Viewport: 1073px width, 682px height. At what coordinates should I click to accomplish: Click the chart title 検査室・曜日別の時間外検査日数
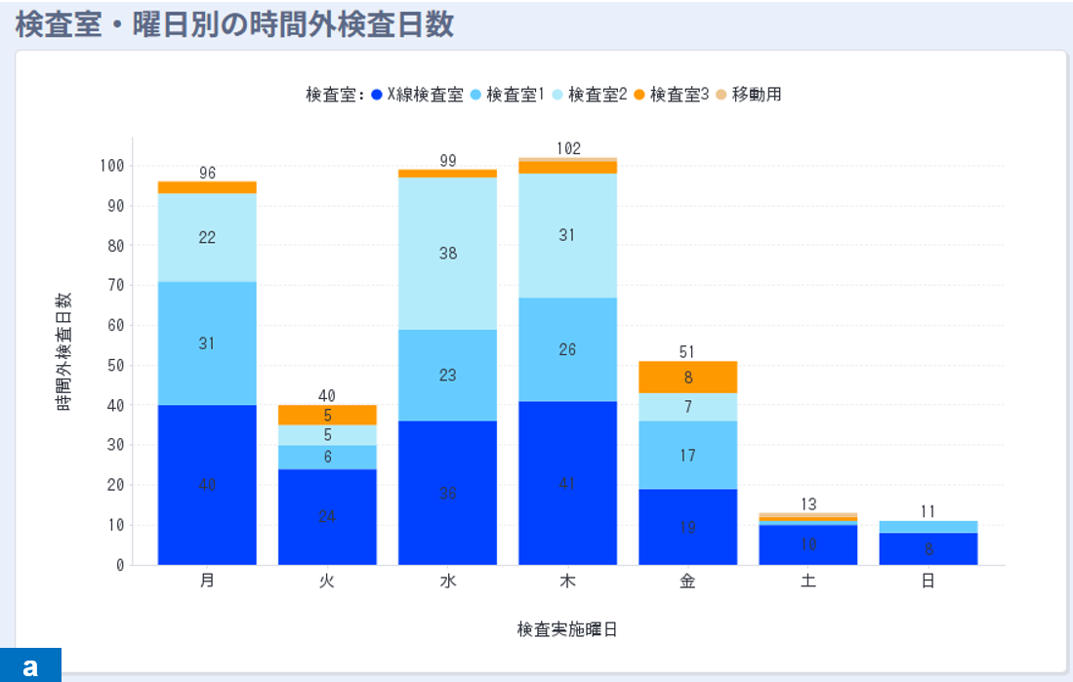[x=234, y=23]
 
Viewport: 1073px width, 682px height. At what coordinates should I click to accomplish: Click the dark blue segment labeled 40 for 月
[x=207, y=485]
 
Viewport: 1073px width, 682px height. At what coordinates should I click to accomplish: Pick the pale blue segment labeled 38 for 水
[x=447, y=254]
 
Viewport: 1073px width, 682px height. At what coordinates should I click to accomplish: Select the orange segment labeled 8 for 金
[x=688, y=378]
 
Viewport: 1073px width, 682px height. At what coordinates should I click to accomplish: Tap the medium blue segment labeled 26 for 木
[x=567, y=349]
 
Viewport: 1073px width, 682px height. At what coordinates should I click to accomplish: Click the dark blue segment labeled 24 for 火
[x=327, y=517]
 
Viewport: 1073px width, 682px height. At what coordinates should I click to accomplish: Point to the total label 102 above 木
[x=568, y=148]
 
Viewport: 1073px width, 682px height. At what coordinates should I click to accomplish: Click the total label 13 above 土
[x=808, y=504]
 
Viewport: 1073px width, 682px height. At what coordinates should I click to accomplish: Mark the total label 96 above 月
[x=207, y=173]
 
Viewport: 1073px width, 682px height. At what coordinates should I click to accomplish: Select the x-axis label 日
[x=929, y=582]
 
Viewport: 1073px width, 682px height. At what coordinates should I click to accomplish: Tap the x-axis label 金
[x=688, y=582]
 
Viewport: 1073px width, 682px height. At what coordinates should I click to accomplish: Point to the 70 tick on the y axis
[x=116, y=286]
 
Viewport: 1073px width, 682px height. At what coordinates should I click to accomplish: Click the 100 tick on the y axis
[x=112, y=166]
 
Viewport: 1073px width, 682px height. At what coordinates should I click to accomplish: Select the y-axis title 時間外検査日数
[x=65, y=351]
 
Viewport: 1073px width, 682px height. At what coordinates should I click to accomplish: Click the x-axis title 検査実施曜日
[x=567, y=629]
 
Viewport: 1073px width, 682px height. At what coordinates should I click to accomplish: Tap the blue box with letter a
[x=30, y=665]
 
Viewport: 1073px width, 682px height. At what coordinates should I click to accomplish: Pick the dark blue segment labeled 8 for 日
[x=929, y=548]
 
